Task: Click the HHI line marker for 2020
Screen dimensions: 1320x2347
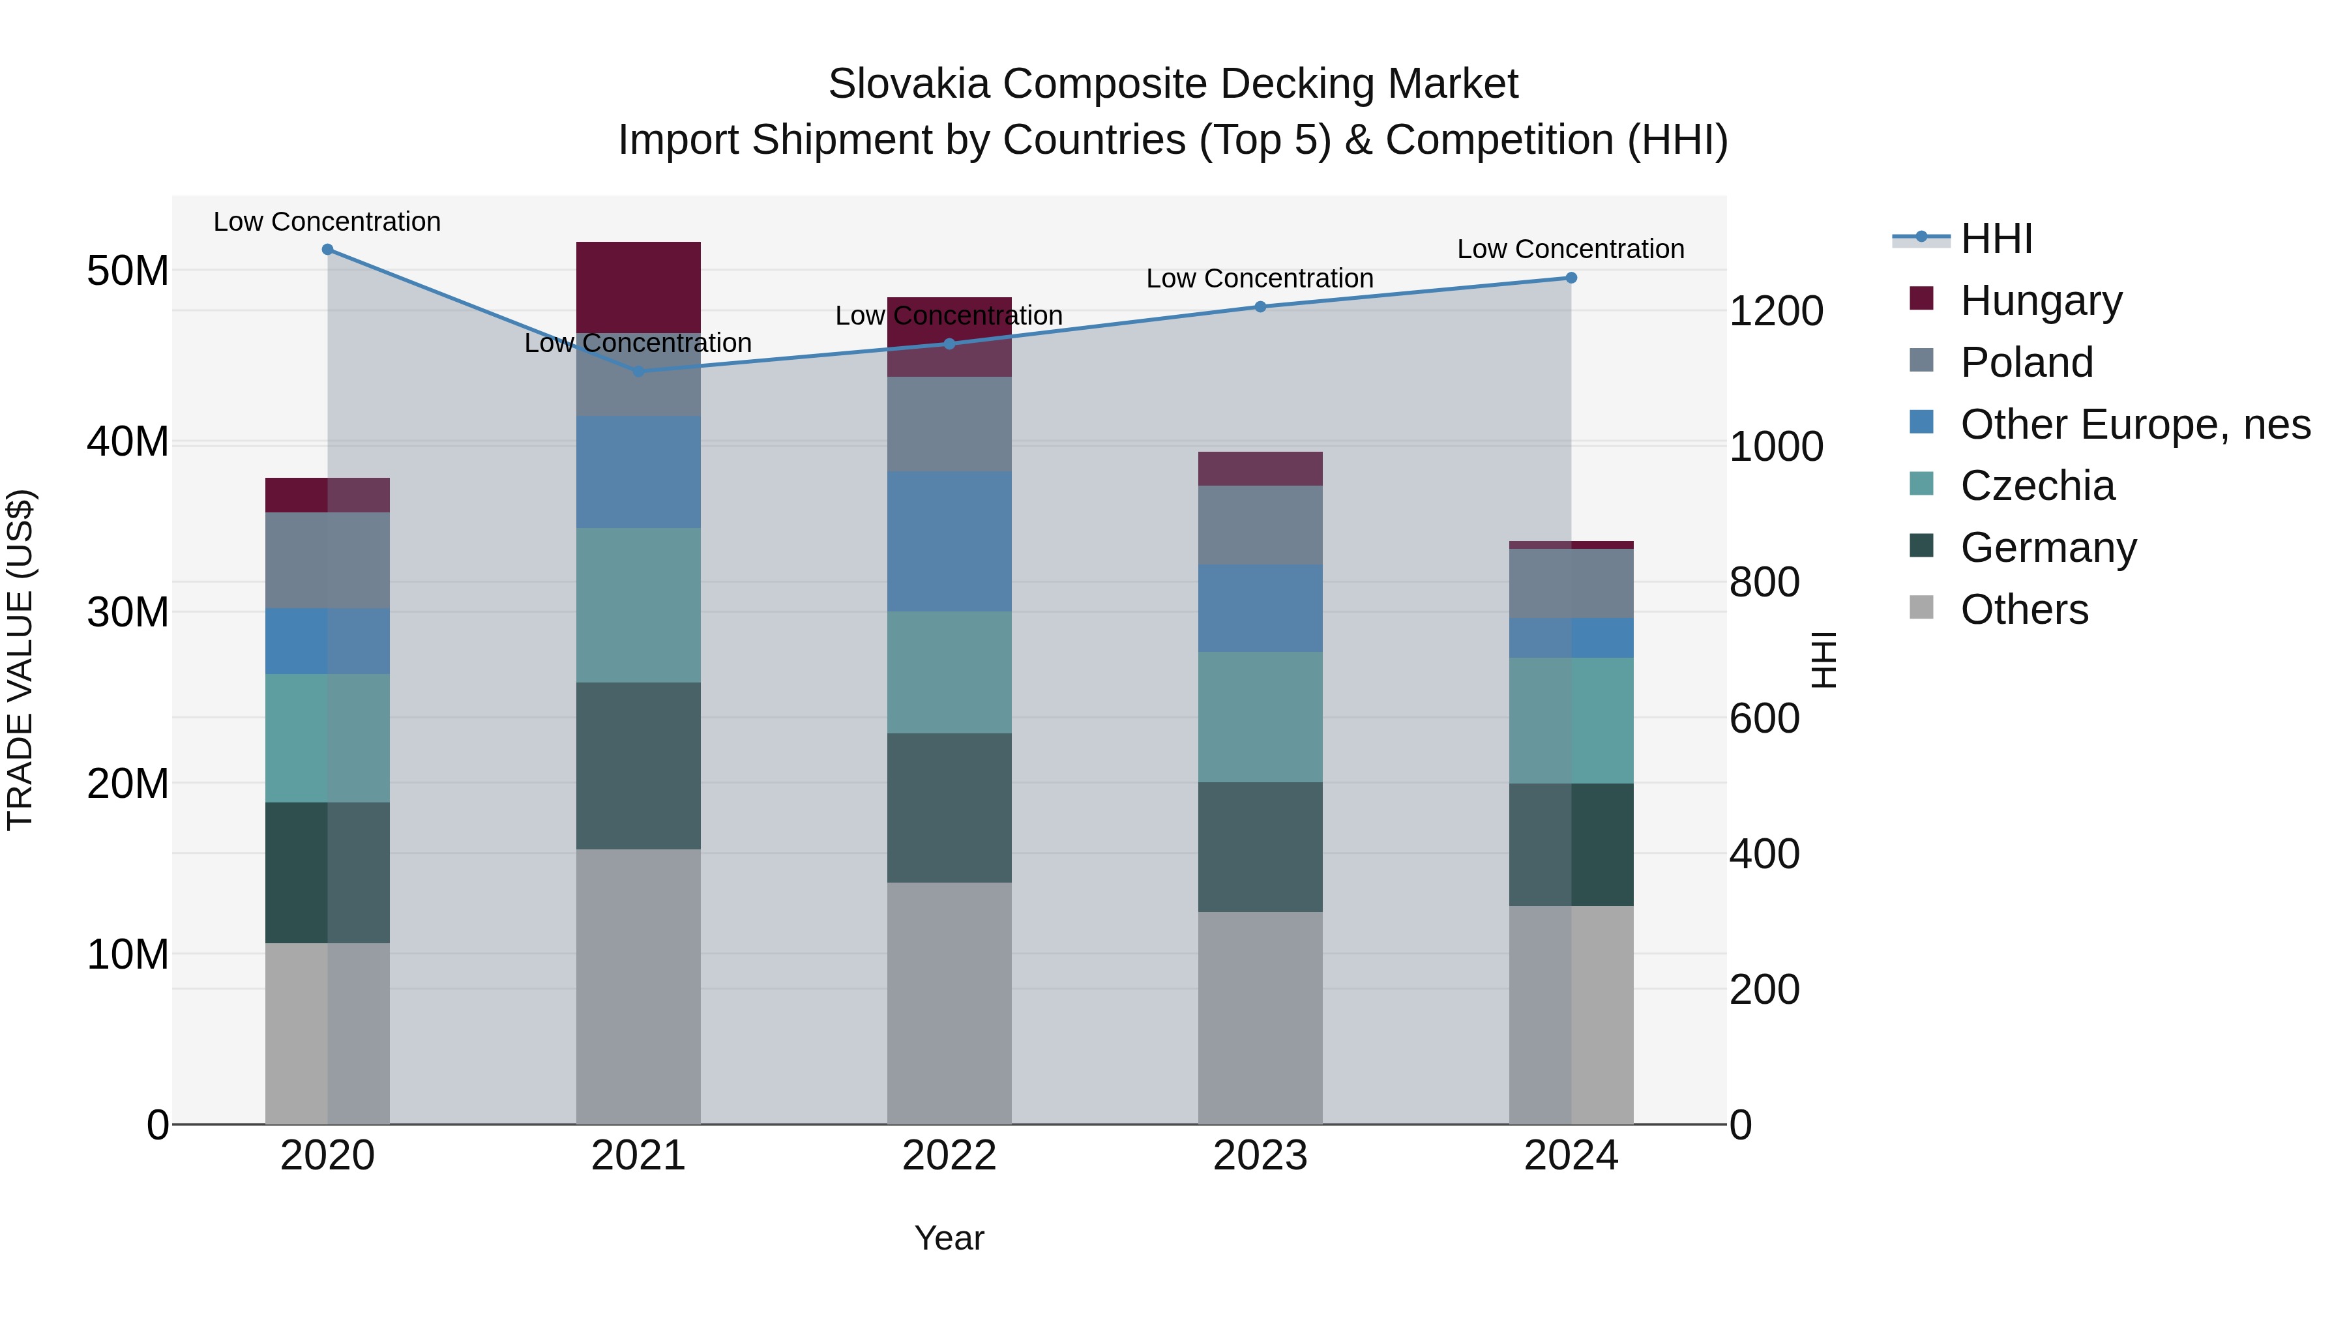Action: [x=327, y=250]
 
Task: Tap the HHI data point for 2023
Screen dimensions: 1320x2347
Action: [x=1260, y=307]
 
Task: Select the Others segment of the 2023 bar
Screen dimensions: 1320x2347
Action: [x=1260, y=1018]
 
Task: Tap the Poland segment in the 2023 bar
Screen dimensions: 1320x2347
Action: [x=1260, y=525]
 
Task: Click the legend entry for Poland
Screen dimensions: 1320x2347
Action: [x=2026, y=362]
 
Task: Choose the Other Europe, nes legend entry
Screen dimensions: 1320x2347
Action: [x=2134, y=424]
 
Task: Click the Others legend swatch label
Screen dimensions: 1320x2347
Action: [x=2024, y=609]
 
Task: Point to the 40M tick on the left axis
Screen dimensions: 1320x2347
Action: [x=128, y=442]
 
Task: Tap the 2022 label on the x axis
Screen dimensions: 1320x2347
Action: [x=949, y=1156]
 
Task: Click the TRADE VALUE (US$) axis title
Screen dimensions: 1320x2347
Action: [x=20, y=660]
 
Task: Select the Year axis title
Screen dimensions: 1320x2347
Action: [x=949, y=1238]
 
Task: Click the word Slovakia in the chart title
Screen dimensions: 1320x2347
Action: [x=908, y=84]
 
